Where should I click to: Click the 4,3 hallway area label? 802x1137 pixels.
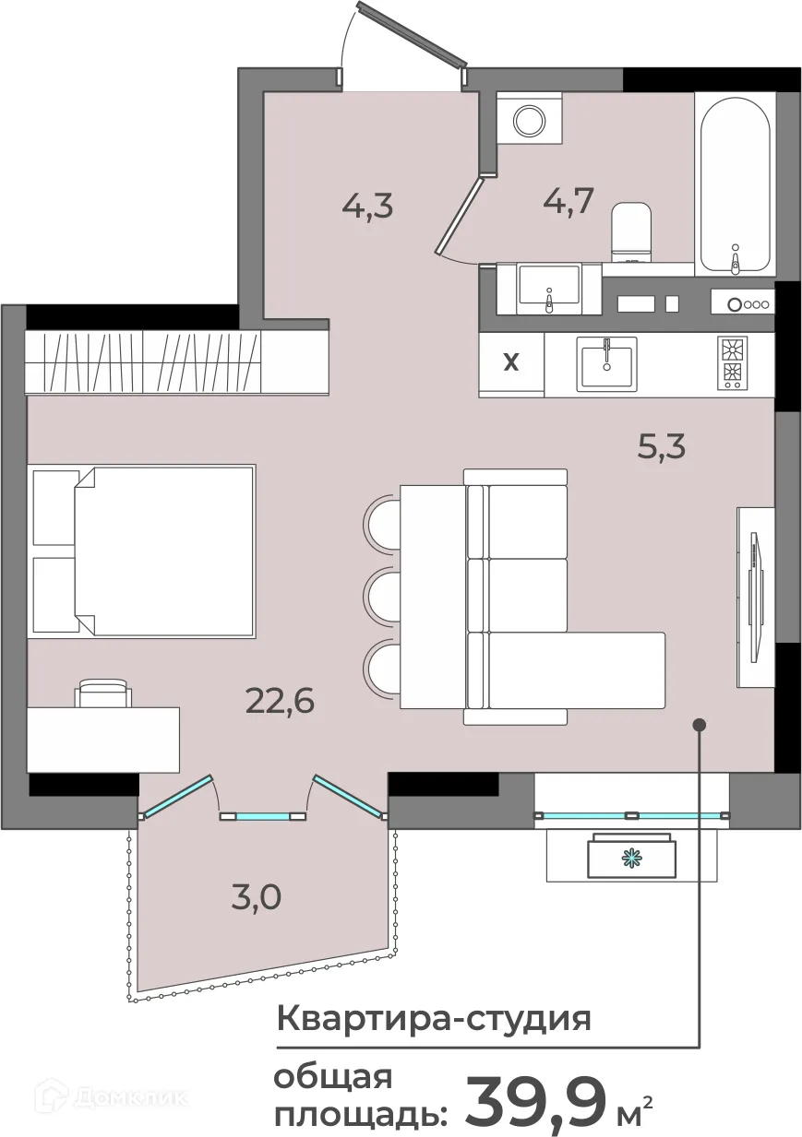point(367,207)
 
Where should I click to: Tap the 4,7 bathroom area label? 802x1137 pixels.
point(569,201)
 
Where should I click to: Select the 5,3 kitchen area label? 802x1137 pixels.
point(662,446)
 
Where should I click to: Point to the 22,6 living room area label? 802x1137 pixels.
point(280,702)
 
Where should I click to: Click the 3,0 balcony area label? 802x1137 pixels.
point(256,897)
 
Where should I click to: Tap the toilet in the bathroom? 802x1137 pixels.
point(631,232)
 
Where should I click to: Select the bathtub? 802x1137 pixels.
point(735,184)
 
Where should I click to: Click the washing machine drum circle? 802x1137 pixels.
point(530,120)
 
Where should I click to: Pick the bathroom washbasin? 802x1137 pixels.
point(548,290)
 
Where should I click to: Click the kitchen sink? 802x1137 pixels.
point(606,363)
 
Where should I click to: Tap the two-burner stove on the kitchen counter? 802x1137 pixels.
point(732,363)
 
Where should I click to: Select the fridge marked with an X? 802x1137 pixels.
point(511,364)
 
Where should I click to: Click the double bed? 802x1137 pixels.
point(143,551)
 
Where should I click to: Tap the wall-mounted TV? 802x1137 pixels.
point(757,597)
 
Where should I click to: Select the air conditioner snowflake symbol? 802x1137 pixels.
point(632,859)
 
